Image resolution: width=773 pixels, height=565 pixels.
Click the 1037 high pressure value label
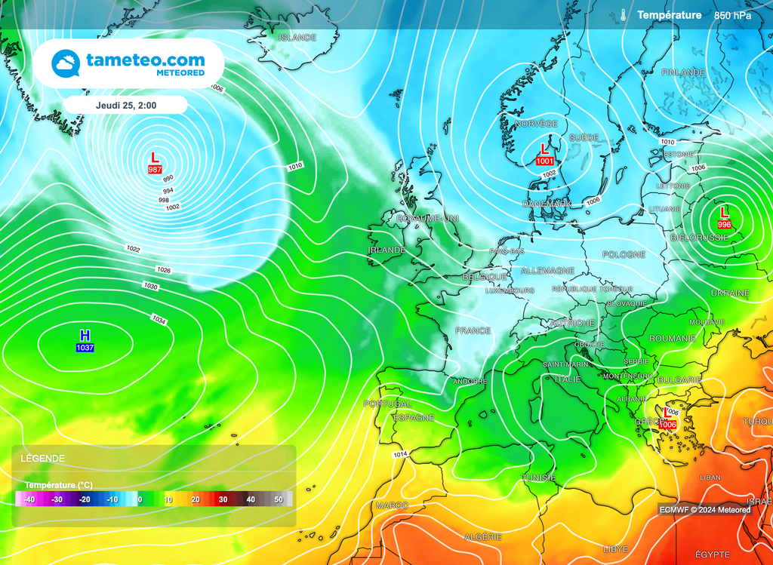85,348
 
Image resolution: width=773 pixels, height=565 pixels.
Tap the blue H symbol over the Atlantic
85,335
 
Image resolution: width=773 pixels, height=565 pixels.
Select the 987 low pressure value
155,170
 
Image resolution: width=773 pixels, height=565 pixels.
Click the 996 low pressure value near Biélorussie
724,225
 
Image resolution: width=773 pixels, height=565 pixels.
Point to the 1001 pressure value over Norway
544,161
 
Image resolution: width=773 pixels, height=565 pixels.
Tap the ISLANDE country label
297,37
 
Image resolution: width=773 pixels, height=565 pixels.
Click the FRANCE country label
473,330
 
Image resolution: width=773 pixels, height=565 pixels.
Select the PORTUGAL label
387,404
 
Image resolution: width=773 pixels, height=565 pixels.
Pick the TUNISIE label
539,477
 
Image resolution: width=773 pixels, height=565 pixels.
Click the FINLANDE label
682,72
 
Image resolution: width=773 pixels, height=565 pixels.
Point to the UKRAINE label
730,293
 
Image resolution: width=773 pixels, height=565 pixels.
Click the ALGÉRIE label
482,537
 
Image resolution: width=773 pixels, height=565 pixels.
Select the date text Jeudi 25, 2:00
126,105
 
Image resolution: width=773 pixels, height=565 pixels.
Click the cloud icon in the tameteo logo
66,64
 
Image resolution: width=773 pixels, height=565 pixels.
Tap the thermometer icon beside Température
624,15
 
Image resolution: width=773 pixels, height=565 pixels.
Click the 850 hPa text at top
733,15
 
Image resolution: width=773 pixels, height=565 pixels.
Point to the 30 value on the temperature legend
223,499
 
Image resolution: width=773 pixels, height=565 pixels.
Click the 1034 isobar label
159,321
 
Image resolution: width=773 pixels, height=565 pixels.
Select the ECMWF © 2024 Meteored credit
704,510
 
